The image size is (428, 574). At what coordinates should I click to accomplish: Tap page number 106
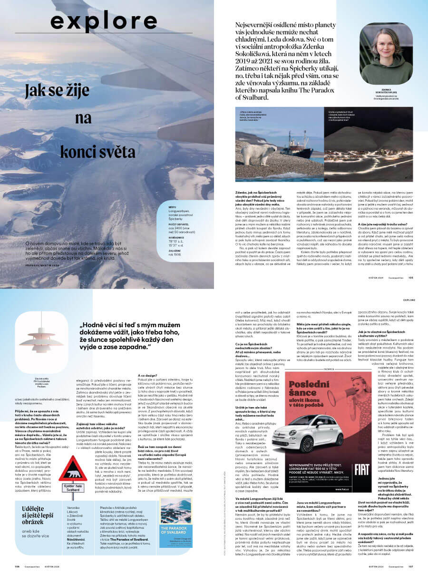click(x=17, y=566)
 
